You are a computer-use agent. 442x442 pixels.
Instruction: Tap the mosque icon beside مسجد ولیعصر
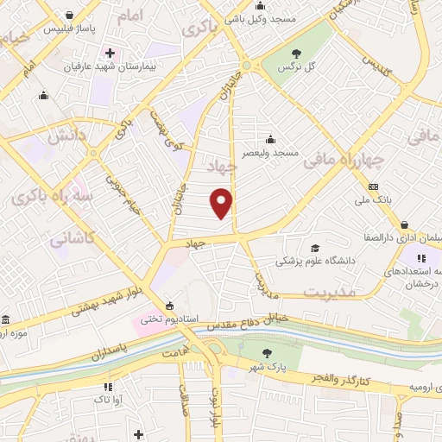coord(272,139)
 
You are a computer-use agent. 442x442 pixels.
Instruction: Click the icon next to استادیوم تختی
coord(169,305)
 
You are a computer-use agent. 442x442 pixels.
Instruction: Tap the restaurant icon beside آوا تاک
coord(107,388)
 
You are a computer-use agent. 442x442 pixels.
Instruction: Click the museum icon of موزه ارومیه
coord(7,319)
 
